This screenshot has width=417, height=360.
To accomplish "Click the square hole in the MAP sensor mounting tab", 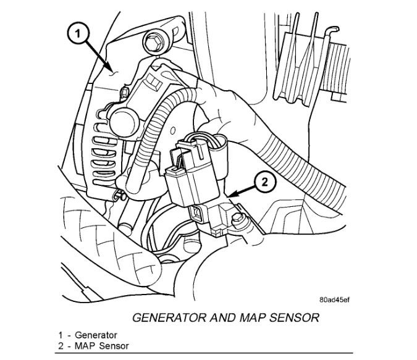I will click(x=196, y=214).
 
